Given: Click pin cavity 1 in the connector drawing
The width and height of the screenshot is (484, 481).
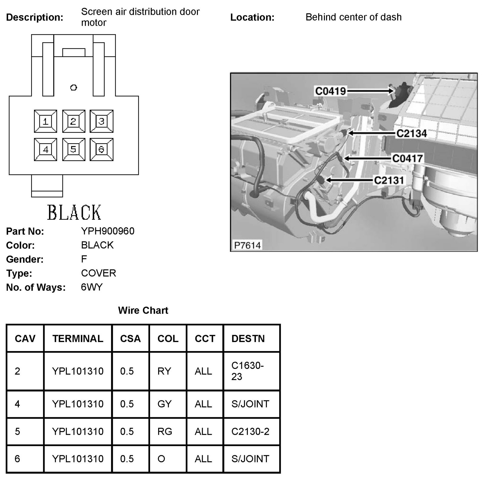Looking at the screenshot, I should pos(45,121).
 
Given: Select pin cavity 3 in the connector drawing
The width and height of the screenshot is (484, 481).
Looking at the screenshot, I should pos(102,121).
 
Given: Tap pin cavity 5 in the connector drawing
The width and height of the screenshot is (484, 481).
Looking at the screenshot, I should pos(74,150).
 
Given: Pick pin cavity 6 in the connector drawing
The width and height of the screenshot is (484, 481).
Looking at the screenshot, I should pos(102,150).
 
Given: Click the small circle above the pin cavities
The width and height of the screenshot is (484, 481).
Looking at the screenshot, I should pos(74,88).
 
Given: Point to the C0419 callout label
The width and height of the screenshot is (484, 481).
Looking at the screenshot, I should pos(330,91).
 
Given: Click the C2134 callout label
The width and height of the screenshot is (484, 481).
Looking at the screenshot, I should pos(411,133).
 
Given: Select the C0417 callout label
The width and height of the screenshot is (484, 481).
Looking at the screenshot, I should pos(407,158).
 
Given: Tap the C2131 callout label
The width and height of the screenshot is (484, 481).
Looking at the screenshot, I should pos(389,180).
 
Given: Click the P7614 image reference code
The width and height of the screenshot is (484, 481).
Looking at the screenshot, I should pos(247,245).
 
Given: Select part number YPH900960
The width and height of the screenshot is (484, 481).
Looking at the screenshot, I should pos(108,231).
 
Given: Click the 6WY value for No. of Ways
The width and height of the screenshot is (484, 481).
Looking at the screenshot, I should pos(92,287).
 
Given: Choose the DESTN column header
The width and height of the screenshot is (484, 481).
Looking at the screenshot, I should pos(248,338).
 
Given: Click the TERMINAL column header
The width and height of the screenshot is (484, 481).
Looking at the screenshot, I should pos(78,338).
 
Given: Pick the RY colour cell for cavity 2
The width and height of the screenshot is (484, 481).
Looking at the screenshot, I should pos(164,371).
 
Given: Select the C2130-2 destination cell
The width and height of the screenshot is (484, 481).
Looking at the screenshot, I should pos(250,431).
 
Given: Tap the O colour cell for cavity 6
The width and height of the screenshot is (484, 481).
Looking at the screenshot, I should pos(162,459).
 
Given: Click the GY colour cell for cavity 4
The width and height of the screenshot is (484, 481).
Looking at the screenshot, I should pos(165,404).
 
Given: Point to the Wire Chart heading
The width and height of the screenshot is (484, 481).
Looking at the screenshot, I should pos(143,310).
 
